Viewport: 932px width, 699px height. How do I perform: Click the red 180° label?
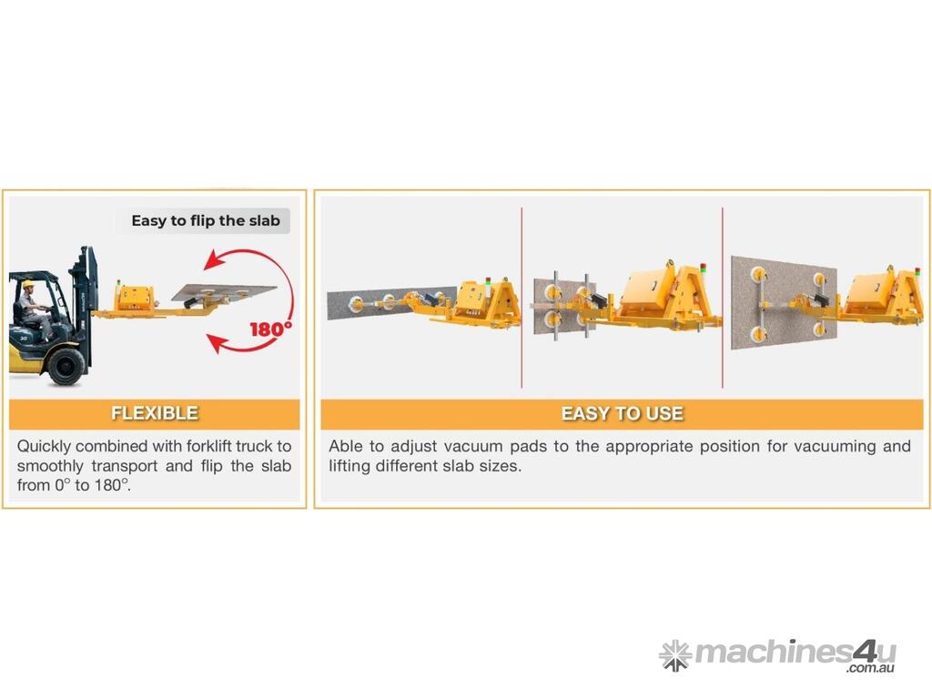[x=270, y=328]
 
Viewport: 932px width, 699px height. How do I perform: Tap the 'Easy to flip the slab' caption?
[x=206, y=220]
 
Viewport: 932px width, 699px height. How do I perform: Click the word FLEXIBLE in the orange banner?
[x=155, y=413]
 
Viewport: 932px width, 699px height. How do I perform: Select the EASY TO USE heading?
[x=623, y=413]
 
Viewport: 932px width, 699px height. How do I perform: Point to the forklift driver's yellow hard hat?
[x=28, y=284]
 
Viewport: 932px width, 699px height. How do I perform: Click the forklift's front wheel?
[x=66, y=365]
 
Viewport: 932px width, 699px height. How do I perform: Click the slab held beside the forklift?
[x=224, y=292]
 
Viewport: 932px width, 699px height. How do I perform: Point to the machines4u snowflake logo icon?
[x=675, y=655]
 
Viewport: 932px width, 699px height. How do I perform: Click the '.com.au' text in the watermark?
[x=871, y=668]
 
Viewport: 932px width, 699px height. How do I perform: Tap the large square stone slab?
[x=784, y=302]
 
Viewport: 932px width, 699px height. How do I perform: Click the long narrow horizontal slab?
[x=391, y=303]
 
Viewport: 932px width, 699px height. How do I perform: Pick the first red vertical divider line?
[x=522, y=298]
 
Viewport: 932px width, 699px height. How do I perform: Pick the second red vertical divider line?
[x=722, y=298]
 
